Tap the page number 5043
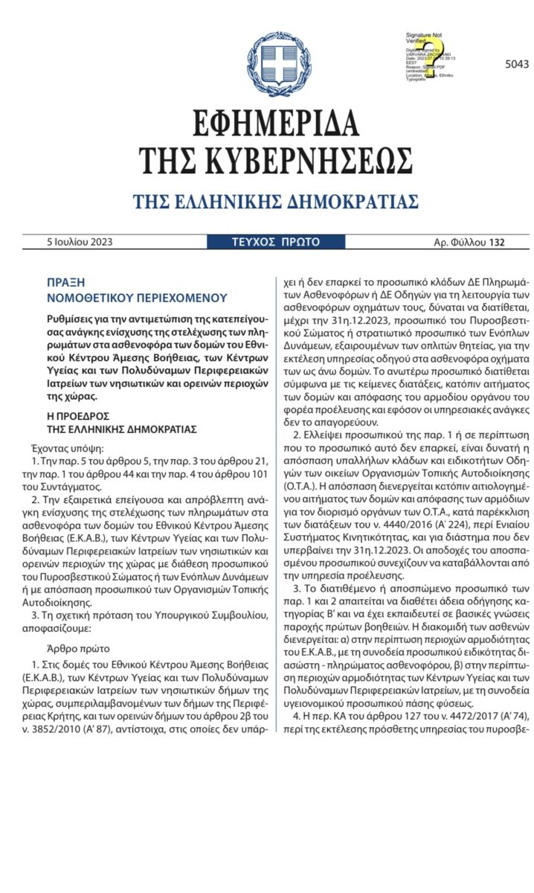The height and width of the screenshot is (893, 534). tap(516, 65)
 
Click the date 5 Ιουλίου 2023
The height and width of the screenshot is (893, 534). tap(80, 242)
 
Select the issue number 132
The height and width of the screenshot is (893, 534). tap(497, 243)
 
